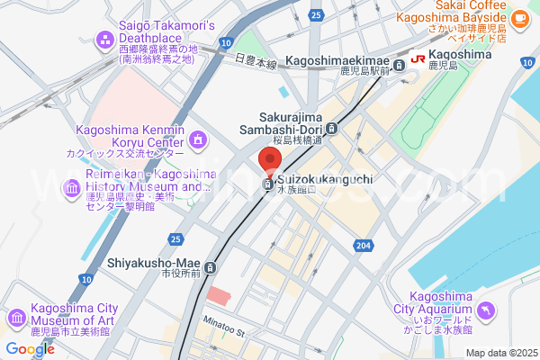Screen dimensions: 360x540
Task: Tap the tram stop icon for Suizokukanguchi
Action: tap(268, 184)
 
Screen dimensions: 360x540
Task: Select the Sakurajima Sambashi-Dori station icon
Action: tap(332, 129)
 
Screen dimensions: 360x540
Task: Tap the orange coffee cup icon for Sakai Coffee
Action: tap(519, 17)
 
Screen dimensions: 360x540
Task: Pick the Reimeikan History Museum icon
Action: tap(71, 187)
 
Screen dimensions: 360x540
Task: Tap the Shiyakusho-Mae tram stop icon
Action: tap(211, 267)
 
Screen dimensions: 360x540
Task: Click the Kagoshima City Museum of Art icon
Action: tap(16, 319)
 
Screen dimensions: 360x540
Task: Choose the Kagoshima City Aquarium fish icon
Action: tap(486, 310)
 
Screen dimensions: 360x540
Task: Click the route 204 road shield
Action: tap(363, 245)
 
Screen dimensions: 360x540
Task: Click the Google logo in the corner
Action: tap(30, 348)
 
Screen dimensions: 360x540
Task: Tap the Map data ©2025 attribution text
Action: tap(499, 353)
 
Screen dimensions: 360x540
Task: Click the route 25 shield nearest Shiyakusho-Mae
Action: tap(176, 238)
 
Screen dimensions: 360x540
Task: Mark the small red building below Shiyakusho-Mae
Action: tap(218, 294)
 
